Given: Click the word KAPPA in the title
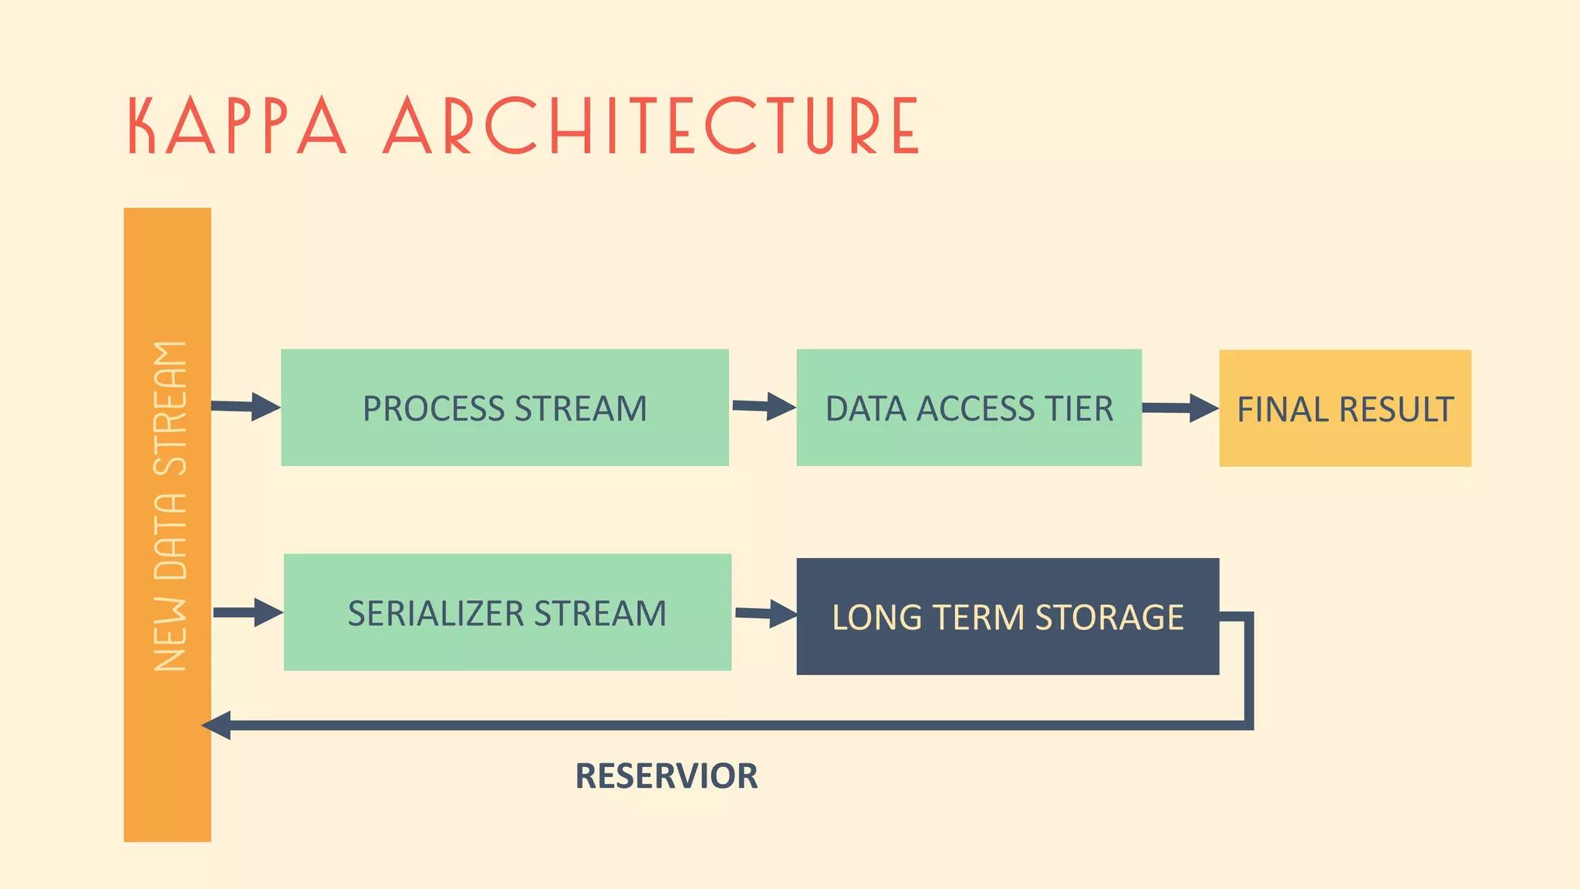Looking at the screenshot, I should (x=236, y=126).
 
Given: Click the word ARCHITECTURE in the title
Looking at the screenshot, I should (x=650, y=126).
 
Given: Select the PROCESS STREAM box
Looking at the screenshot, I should (x=505, y=407).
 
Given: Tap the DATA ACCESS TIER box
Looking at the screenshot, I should (x=968, y=407).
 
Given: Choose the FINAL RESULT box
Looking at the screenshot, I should (x=1345, y=408).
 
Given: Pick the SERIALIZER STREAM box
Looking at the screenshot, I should (x=507, y=613).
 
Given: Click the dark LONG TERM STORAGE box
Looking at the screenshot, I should (x=1007, y=617).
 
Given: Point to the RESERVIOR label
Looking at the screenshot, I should (x=666, y=776).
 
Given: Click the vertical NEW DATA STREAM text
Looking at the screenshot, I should (x=170, y=505).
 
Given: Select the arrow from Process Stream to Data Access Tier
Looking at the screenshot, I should (x=763, y=406).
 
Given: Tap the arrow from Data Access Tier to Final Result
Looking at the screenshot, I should (x=1180, y=407).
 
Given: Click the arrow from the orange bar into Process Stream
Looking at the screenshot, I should (x=245, y=406).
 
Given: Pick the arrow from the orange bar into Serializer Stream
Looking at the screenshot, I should (x=248, y=612).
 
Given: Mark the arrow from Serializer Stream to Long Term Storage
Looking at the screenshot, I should (x=765, y=614).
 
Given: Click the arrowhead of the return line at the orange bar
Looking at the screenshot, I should (x=217, y=725).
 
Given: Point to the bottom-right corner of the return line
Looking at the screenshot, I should (x=1248, y=725).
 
